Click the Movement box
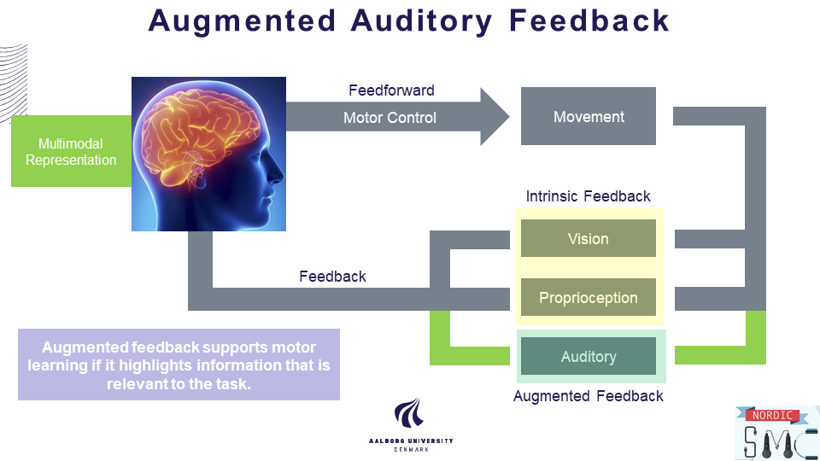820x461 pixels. click(x=589, y=117)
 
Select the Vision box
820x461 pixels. click(x=589, y=239)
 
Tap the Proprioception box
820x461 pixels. click(x=589, y=298)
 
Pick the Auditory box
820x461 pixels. click(x=589, y=357)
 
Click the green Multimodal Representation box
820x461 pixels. click(x=71, y=152)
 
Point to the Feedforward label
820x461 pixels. click(x=391, y=90)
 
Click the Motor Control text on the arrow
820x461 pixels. click(x=389, y=118)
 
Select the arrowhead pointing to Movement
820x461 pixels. click(x=495, y=116)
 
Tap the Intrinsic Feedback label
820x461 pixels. click(x=589, y=196)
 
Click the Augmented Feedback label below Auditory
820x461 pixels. click(x=589, y=396)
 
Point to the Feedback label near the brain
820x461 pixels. click(x=332, y=277)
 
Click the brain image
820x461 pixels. click(x=208, y=154)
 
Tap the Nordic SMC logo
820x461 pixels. click(x=776, y=433)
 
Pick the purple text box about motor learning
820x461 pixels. click(x=179, y=365)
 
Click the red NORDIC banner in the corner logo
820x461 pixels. click(x=773, y=416)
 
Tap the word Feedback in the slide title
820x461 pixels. click(x=590, y=20)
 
